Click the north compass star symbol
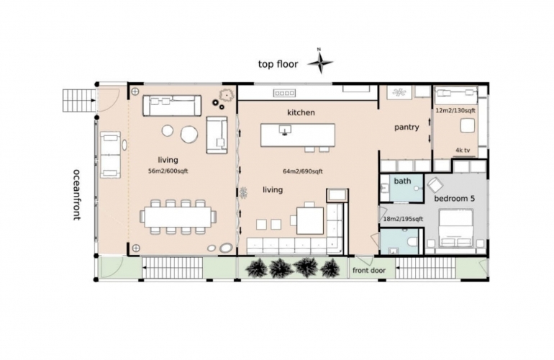tap(320, 63)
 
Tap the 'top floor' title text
tap(278, 64)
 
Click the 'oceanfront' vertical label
tap(77, 194)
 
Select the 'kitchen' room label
tap(301, 112)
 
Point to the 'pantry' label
tap(407, 127)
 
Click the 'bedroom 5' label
tap(455, 199)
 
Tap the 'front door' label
tap(369, 271)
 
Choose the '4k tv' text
tap(463, 150)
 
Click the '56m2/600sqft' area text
tap(168, 171)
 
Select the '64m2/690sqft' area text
tap(303, 171)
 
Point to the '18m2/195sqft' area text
tap(403, 219)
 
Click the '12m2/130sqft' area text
tap(455, 110)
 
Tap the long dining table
tap(178, 217)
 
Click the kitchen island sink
tap(285, 129)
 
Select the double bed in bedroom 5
tap(455, 228)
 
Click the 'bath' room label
tap(402, 181)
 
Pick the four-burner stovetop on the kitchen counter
tap(284, 94)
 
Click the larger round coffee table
tap(189, 135)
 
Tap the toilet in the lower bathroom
tap(412, 242)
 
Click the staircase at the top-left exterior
tap(78, 101)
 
